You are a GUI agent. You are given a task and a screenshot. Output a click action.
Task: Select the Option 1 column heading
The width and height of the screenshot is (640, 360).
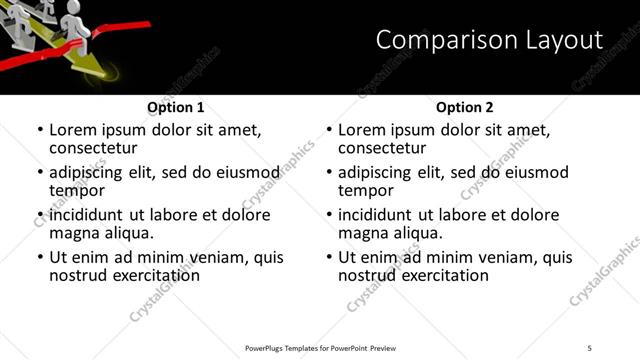(x=176, y=107)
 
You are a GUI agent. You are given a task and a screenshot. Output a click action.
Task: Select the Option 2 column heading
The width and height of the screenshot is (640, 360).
(x=465, y=107)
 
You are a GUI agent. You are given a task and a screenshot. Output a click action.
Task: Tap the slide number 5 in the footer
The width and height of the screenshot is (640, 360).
(x=589, y=347)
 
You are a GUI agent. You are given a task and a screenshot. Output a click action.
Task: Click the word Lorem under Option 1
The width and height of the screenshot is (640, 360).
(x=75, y=130)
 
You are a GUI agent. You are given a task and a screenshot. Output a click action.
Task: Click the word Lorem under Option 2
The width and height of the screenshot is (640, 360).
(x=364, y=130)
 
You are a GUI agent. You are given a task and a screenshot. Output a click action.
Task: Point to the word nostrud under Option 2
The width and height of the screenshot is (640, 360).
(x=369, y=275)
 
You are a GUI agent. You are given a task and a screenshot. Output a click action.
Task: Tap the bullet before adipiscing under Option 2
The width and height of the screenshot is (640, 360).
(x=329, y=173)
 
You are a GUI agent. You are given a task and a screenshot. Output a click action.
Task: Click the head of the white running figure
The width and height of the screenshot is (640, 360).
(x=72, y=10)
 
